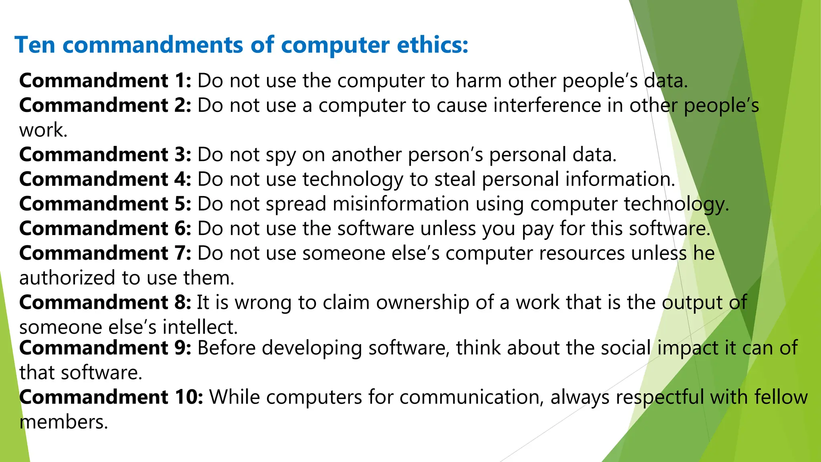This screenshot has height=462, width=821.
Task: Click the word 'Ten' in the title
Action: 35,45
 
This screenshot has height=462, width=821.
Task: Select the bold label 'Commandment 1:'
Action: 105,81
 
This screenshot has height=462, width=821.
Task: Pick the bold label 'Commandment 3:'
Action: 105,155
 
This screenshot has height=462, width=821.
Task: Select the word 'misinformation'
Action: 400,204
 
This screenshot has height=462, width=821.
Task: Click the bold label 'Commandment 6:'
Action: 105,229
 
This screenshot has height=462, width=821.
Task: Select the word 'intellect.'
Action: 200,327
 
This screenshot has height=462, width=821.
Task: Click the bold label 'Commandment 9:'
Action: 105,348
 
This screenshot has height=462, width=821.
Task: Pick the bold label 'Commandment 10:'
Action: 111,397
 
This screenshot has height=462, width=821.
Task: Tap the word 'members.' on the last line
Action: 64,422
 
